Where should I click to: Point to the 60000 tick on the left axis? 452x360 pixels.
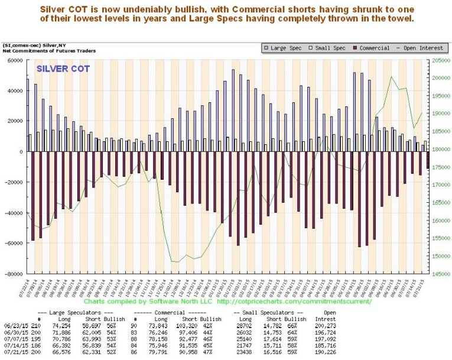(x=14, y=60)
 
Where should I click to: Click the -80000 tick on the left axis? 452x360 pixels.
(x=13, y=274)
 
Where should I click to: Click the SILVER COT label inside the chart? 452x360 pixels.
(x=63, y=69)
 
